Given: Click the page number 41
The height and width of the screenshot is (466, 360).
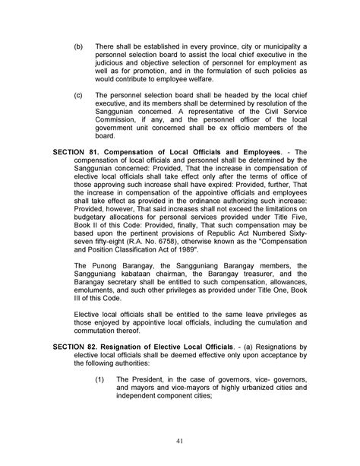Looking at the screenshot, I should pos(180,439).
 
